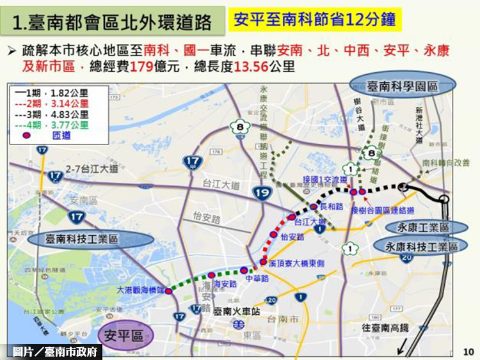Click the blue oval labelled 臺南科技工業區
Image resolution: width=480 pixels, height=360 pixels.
pos(90,239)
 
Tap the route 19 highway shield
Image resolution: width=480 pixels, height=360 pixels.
pos(262,192)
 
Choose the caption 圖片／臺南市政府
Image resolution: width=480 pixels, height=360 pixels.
pos(56,352)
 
